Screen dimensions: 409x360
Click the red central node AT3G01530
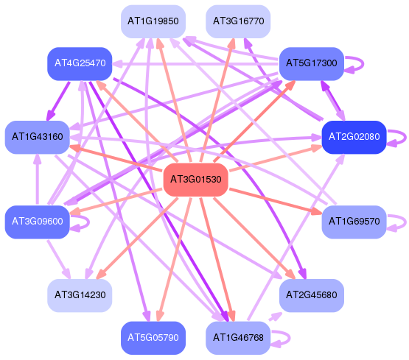(195, 180)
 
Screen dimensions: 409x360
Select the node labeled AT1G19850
(153, 21)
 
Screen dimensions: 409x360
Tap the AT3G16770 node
(238, 21)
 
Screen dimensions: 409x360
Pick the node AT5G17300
(312, 63)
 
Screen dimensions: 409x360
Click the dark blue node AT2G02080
(354, 137)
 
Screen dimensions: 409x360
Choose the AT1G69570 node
(354, 222)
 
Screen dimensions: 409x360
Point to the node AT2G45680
(312, 295)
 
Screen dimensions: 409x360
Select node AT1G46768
(238, 338)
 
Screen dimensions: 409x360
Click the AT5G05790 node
(153, 338)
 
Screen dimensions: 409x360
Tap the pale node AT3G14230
(80, 295)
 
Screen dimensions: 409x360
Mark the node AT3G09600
(38, 222)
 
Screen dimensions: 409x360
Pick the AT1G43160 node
(38, 137)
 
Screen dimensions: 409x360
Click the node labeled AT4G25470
(80, 63)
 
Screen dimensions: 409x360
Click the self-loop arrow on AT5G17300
(363, 63)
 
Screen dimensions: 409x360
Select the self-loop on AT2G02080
(405, 137)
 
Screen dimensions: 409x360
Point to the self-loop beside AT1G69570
(405, 222)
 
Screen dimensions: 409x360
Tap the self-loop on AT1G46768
(290, 338)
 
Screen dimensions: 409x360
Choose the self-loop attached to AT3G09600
(88, 222)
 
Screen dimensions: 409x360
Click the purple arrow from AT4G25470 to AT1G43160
(58, 101)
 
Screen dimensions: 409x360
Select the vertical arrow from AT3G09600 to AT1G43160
(38, 179)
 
